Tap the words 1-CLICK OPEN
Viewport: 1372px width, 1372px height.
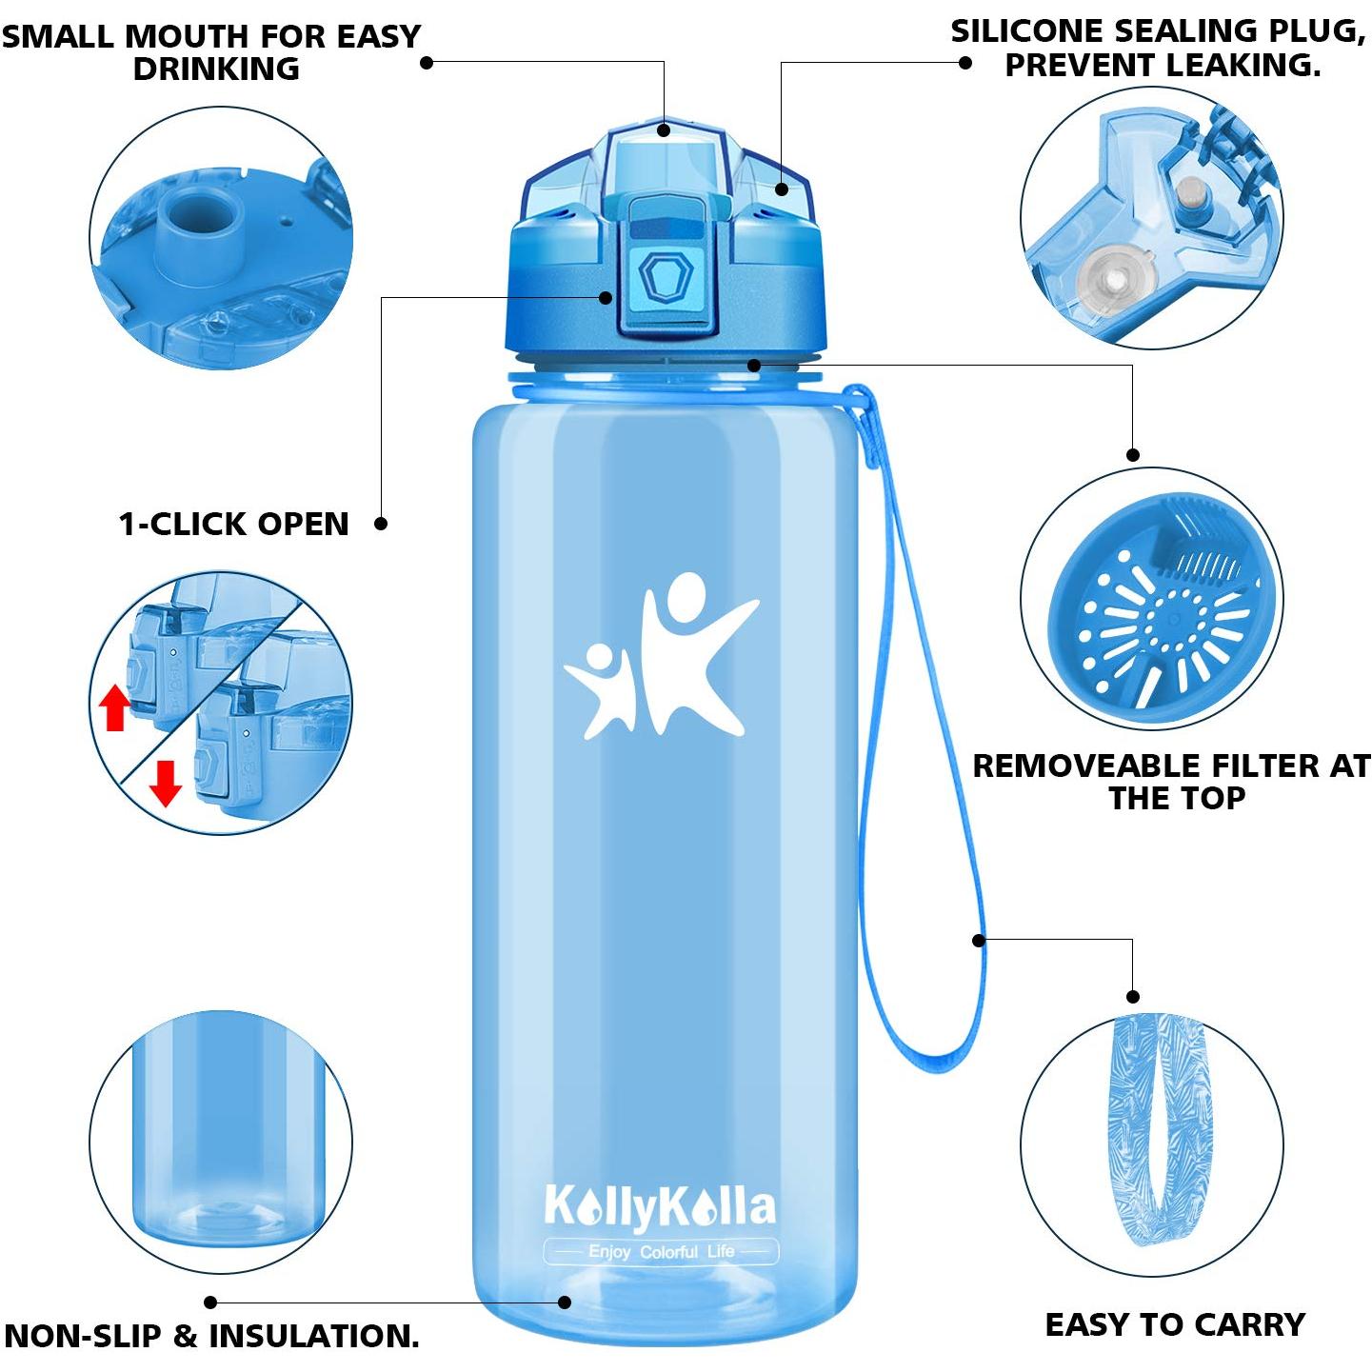click(x=233, y=524)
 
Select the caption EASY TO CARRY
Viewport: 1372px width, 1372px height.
click(x=1175, y=1325)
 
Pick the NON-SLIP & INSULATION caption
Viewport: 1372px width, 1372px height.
click(x=212, y=1337)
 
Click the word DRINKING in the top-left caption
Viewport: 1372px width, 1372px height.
click(x=216, y=70)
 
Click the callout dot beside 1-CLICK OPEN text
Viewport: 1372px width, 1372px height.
click(x=381, y=524)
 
